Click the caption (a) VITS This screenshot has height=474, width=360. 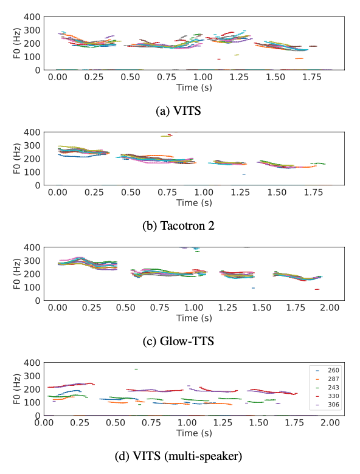(x=178, y=111)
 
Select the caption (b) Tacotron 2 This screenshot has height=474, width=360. (x=178, y=226)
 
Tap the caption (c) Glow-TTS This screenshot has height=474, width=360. (x=178, y=341)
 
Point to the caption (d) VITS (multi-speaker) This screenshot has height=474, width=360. (x=178, y=456)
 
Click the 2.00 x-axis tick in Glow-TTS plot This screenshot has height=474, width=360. (x=330, y=307)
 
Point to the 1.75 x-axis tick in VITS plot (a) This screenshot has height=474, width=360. (x=312, y=77)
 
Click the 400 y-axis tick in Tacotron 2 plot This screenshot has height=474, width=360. (x=32, y=132)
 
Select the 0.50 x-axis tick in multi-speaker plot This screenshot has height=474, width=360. (x=116, y=422)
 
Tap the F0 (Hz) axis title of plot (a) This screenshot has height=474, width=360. (x=17, y=43)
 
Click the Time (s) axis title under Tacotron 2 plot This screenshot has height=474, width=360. (x=194, y=202)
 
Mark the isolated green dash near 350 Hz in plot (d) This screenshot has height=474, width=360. (x=136, y=369)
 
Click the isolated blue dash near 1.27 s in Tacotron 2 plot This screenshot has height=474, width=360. (x=244, y=174)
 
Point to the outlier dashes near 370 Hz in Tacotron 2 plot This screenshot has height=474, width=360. (x=167, y=136)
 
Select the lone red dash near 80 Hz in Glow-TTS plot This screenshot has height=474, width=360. (x=317, y=289)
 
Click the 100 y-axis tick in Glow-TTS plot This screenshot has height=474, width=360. (x=32, y=287)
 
